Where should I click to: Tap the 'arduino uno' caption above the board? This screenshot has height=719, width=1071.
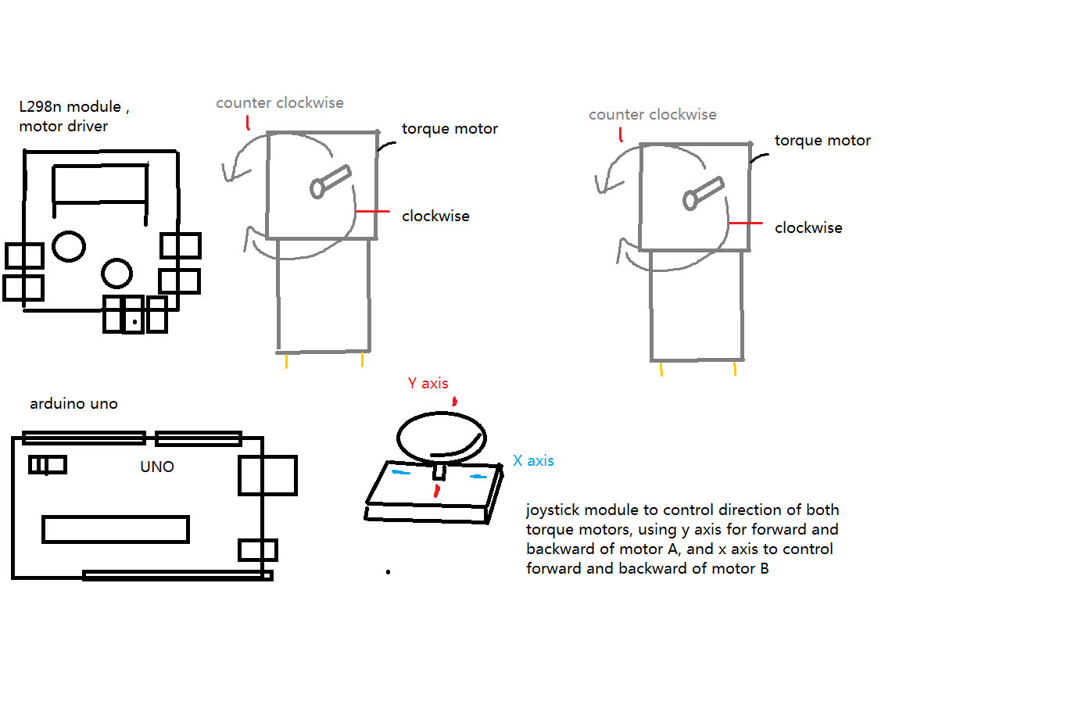pos(73,404)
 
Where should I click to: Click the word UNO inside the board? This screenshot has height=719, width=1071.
pos(157,467)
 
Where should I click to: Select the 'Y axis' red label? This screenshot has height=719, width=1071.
pos(428,383)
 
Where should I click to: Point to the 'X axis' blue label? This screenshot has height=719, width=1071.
pos(533,461)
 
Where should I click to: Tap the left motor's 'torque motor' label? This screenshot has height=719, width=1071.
pos(450,129)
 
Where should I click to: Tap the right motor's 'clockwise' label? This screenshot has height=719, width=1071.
pos(808,228)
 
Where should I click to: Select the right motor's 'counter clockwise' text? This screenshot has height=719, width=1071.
pos(652,115)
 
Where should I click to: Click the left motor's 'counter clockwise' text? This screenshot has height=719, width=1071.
pos(279,103)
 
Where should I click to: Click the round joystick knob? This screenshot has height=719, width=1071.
pos(441,437)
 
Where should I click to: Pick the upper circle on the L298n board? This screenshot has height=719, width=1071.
pos(69,246)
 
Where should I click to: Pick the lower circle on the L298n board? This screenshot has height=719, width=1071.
pos(117,274)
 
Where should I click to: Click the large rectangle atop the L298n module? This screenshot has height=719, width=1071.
pos(100,184)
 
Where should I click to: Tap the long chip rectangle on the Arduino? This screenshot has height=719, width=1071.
pos(116,529)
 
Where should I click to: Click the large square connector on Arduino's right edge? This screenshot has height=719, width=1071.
pos(267,475)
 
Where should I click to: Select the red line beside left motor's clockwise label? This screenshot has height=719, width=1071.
pos(372,212)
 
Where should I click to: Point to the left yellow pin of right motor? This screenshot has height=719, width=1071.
pos(661,369)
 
